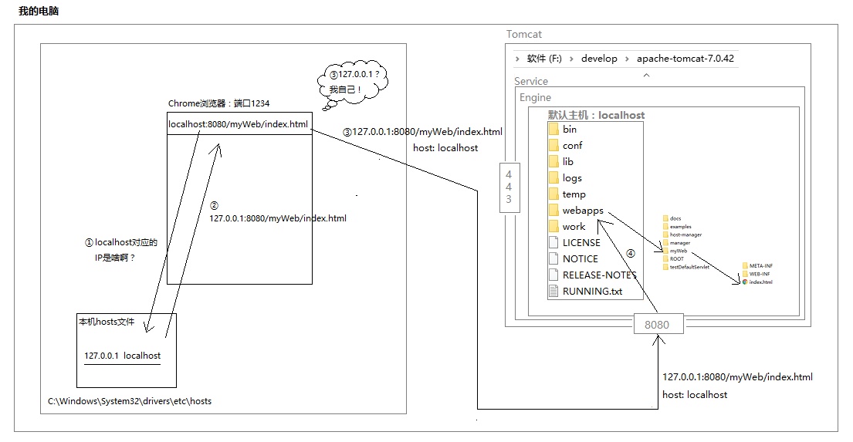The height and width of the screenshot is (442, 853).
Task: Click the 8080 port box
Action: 657,325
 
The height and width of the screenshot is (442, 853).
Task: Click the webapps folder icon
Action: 553,210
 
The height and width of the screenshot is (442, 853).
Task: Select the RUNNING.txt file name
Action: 592,291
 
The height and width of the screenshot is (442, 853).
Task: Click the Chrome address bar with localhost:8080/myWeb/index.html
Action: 239,125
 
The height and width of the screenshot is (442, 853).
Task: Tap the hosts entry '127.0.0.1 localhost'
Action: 122,356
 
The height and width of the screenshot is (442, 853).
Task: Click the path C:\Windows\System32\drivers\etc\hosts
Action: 129,400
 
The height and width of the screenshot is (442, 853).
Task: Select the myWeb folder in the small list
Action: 678,251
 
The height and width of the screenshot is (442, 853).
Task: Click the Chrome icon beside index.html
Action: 744,282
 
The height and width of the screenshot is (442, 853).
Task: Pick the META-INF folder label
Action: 760,265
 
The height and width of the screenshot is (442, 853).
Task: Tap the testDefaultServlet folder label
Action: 689,267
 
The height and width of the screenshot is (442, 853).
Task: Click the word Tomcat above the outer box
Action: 525,34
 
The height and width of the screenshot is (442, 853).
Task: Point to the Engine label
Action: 535,97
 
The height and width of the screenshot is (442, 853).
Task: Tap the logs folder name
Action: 572,178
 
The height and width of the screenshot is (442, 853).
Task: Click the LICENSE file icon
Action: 553,242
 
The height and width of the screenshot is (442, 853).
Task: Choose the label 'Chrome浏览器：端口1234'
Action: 218,103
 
